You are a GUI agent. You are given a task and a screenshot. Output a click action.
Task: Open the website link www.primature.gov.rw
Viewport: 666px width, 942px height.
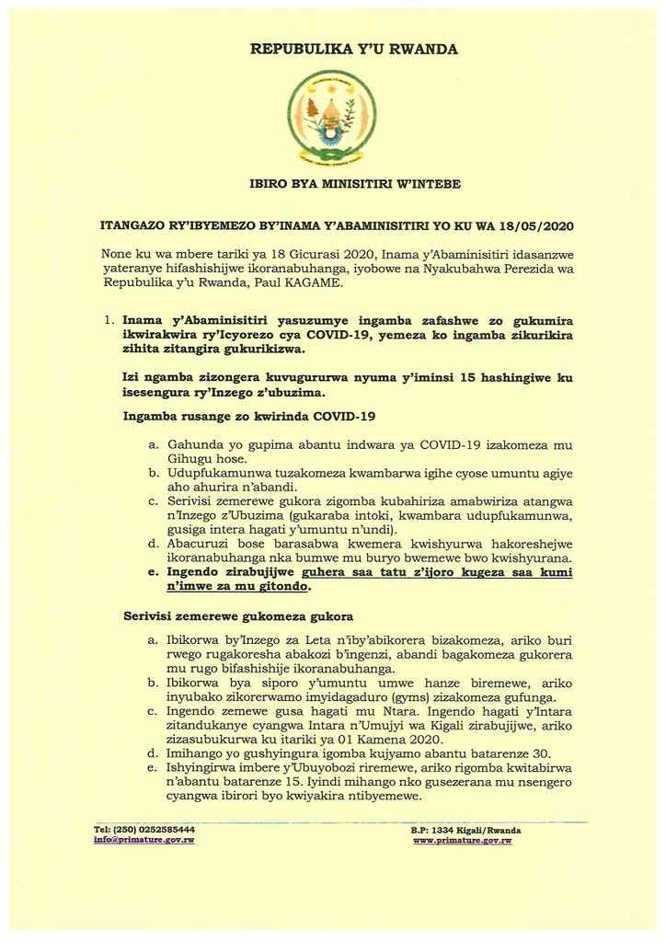[x=462, y=840]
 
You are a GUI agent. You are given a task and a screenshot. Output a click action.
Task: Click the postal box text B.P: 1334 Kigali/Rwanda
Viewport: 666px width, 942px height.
[x=465, y=830]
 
